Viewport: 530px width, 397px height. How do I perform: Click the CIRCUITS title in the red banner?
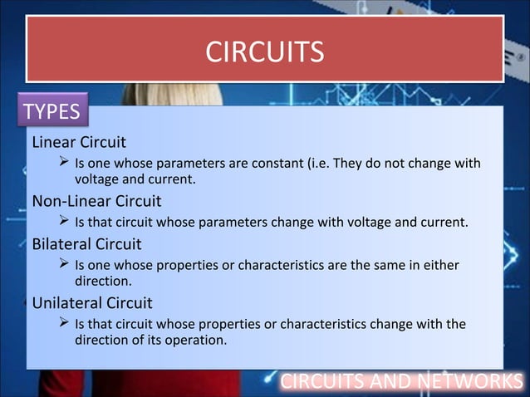point(264,52)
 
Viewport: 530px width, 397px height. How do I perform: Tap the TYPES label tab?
point(52,111)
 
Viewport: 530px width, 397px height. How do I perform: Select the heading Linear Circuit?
point(79,142)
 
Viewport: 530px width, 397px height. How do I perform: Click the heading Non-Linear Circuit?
point(96,201)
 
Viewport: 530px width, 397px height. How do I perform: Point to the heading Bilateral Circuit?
point(86,244)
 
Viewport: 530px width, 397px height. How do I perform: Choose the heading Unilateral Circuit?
point(92,303)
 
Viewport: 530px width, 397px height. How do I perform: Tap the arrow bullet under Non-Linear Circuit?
point(63,222)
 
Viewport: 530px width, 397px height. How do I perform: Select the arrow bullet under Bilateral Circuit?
point(63,265)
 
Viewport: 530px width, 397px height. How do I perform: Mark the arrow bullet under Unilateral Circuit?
point(63,323)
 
